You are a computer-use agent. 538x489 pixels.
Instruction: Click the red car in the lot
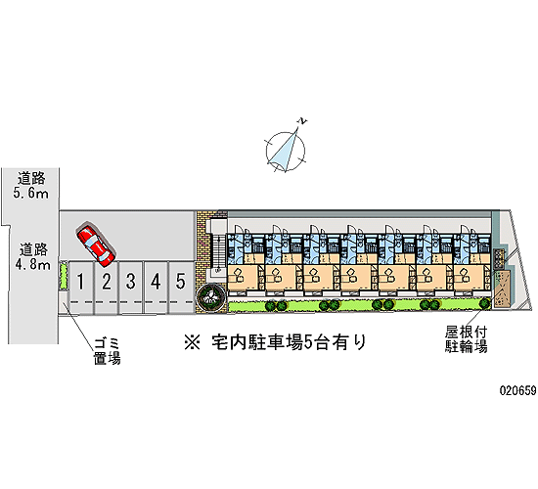pyautogui.click(x=96, y=245)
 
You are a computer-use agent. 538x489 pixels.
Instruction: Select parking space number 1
pyautogui.click(x=81, y=288)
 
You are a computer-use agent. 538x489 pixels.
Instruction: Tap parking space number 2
pyautogui.click(x=107, y=288)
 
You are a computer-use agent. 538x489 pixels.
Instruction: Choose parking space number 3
pyautogui.click(x=131, y=288)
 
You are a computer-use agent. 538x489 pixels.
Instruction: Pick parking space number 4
pyautogui.click(x=156, y=288)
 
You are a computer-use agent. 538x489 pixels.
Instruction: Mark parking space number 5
pyautogui.click(x=181, y=288)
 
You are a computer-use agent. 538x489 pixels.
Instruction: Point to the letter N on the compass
pyautogui.click(x=302, y=121)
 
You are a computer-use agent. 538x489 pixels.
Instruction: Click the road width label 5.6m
pyautogui.click(x=31, y=194)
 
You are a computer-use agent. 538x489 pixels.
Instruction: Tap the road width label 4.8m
pyautogui.click(x=32, y=265)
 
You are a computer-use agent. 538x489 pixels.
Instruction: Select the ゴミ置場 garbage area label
pyautogui.click(x=108, y=351)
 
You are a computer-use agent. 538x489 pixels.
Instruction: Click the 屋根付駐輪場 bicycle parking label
pyautogui.click(x=466, y=339)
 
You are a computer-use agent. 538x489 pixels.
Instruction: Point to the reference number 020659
pyautogui.click(x=518, y=390)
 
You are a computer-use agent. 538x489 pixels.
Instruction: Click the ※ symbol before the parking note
pyautogui.click(x=192, y=342)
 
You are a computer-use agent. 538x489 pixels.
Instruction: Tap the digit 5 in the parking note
pyautogui.click(x=308, y=342)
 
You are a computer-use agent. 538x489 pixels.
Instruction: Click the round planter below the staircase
pyautogui.click(x=210, y=295)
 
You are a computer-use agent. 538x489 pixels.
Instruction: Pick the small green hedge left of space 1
pyautogui.click(x=64, y=275)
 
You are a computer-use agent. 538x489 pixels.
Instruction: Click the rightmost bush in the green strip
pyautogui.click(x=484, y=303)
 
